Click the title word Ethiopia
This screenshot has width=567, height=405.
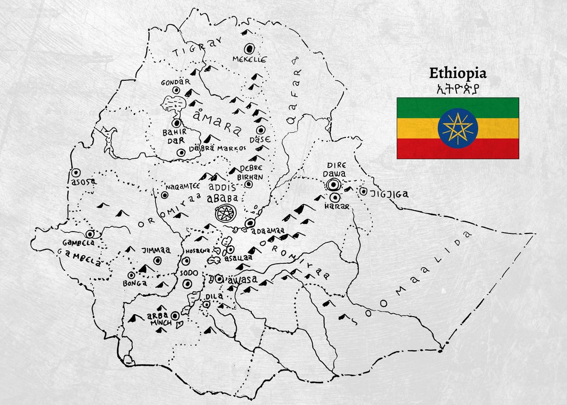(x=457, y=74)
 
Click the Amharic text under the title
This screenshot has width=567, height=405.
(x=457, y=88)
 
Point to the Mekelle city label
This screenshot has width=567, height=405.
(x=249, y=60)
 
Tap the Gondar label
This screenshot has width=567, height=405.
(x=175, y=82)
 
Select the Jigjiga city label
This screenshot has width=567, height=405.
(x=390, y=194)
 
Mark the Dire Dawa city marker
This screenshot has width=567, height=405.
(x=335, y=185)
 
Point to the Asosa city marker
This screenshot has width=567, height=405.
(x=75, y=173)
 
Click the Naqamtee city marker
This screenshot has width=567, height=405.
(x=165, y=195)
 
